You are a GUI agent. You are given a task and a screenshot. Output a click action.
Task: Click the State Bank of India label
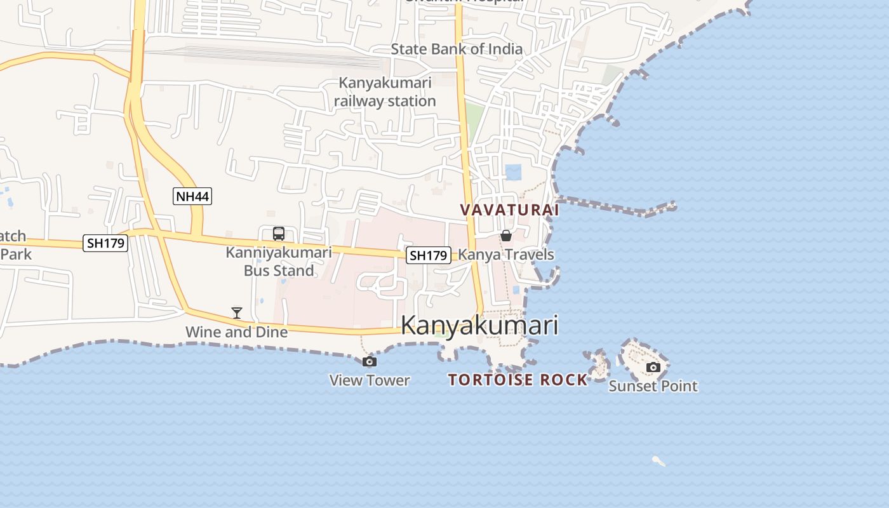point(457,49)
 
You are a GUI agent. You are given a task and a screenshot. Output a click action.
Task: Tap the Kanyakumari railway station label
point(385,91)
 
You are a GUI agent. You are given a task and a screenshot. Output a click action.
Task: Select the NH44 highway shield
point(192,196)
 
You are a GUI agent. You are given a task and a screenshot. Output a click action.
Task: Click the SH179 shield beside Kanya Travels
point(429,255)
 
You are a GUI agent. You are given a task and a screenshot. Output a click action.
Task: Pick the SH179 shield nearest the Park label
point(105,243)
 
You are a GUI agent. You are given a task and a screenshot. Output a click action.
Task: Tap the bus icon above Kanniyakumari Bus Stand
point(279,234)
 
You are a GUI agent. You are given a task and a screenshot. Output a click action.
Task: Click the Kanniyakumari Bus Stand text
point(279,261)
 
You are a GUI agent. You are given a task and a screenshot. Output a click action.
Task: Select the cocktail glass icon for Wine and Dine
point(237,312)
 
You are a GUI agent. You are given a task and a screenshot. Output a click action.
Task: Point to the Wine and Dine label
point(236,331)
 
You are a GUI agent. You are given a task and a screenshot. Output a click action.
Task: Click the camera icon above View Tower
point(369,362)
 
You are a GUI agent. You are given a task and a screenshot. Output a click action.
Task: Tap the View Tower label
point(370,380)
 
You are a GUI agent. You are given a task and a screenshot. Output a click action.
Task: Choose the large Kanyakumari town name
point(479,325)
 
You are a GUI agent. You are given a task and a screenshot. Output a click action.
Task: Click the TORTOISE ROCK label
point(518,380)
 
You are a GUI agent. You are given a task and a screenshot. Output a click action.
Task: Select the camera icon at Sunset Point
point(653,367)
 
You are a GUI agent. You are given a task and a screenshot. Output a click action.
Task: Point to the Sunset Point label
point(653,385)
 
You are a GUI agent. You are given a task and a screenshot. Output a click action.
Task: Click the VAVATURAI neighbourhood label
point(509,210)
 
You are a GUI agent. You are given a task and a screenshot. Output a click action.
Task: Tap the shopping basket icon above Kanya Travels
point(506,236)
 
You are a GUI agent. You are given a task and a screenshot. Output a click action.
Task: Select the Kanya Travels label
point(506,255)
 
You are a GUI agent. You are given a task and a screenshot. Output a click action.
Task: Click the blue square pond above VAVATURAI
point(513,172)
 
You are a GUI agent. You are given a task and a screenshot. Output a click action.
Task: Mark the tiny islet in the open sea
point(658,461)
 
